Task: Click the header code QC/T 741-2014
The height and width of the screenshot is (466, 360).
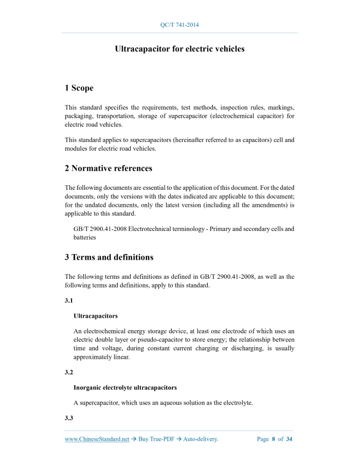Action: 179,25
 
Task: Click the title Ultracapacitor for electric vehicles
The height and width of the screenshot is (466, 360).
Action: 179,49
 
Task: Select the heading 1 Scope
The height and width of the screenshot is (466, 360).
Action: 79,88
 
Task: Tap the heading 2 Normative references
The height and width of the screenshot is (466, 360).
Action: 109,168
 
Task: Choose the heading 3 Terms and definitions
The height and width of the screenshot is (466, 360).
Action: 109,257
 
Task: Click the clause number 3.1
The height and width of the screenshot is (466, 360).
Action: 69,301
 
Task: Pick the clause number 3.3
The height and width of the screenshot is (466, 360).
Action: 69,418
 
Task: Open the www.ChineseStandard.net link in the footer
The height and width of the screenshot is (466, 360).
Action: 97,439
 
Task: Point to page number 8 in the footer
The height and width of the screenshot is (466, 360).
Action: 273,439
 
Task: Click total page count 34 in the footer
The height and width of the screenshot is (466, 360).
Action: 290,439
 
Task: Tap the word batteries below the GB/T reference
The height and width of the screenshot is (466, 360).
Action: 85,238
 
